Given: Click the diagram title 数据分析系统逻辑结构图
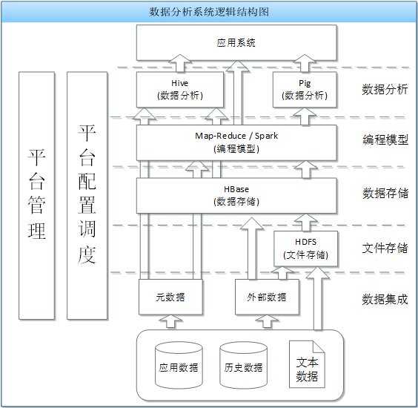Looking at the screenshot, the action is coord(209,12).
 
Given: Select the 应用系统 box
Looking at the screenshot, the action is coord(236,43).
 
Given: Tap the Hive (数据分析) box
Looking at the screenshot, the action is coord(180,90).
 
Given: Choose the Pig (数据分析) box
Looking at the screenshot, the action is coord(305,90).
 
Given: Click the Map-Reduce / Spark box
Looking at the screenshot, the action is coord(236,142).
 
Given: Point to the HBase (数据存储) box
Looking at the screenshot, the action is coord(236,196).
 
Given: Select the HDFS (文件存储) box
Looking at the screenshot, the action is coord(306,249).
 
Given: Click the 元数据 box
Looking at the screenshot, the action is coord(170,297).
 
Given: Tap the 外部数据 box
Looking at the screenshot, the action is coord(267,297).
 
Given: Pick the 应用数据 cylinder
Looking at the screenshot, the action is coord(179,365).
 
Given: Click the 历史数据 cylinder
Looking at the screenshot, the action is coord(243,365).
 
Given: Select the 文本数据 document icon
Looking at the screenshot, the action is coord(307,364).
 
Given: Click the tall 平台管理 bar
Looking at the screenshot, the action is coord(37,195).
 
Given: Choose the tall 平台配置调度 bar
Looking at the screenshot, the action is coord(87,195).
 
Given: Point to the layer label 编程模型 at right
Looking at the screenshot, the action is coord(385,139).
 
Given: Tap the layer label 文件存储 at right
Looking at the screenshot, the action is coord(385,249).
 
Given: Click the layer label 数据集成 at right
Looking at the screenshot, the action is coord(385,300).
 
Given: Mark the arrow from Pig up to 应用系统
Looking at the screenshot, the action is coord(305,63).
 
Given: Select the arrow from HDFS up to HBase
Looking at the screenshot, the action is coord(306,223).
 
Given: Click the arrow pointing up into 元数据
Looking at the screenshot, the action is coord(170,321).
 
